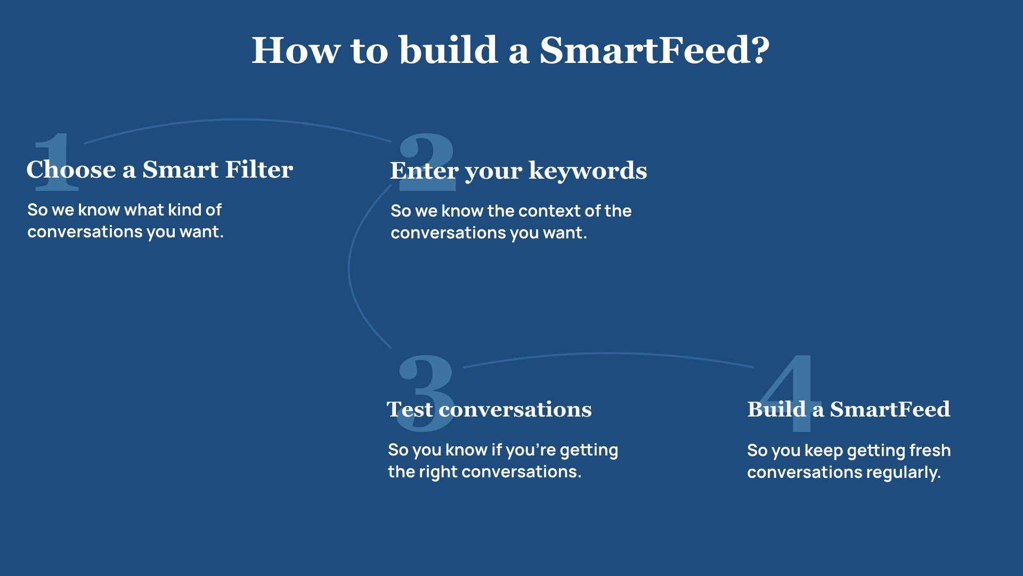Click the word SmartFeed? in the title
(655, 50)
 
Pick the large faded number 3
(426, 393)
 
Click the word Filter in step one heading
(259, 169)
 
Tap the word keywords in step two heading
(588, 171)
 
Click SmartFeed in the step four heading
(890, 409)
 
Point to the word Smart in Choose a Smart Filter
(181, 169)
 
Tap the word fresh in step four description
(930, 450)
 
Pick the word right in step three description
(439, 472)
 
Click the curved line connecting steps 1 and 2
(237, 120)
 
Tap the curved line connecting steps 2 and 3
(349, 267)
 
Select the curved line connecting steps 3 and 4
(608, 354)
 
